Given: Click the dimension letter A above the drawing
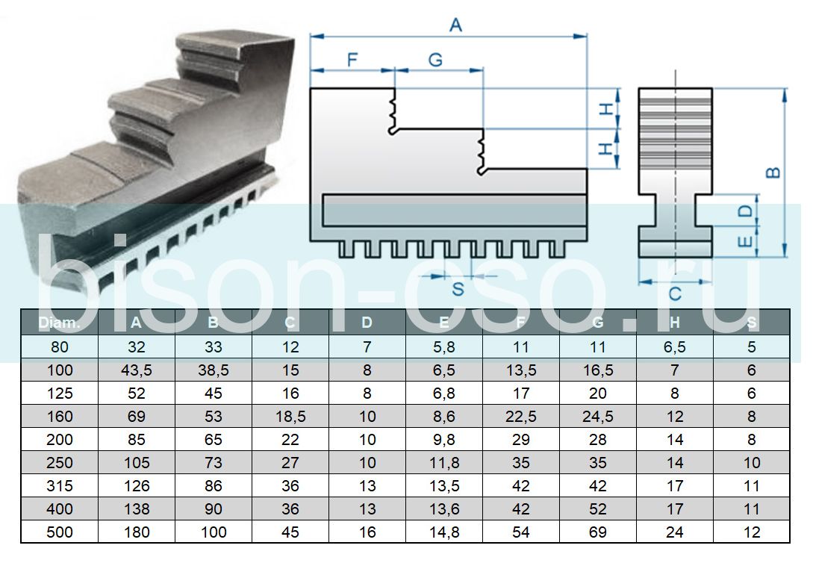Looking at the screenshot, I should (x=455, y=24).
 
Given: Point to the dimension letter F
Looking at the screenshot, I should (x=353, y=60).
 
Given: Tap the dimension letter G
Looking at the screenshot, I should (x=435, y=60).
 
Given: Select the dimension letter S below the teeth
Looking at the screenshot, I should (x=458, y=289).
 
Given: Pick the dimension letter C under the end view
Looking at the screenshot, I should (x=675, y=294).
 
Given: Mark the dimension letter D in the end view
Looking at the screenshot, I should (x=745, y=211).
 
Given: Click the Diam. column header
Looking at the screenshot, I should (x=59, y=323).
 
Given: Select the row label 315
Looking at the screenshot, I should (x=59, y=486).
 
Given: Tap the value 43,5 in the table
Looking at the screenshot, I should (x=136, y=370).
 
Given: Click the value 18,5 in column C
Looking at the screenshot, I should (x=290, y=417).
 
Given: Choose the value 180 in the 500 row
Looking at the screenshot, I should (x=136, y=532).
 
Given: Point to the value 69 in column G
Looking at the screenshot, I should (x=597, y=532).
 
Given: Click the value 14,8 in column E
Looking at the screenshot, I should (x=444, y=532).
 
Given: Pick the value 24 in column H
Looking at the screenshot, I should (x=675, y=532).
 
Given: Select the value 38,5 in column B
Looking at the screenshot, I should (x=214, y=370).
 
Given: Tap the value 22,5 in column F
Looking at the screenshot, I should (x=521, y=417).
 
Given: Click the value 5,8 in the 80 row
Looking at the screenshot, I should (x=444, y=346).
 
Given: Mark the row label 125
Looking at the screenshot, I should (x=59, y=394).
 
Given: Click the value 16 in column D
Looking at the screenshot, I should (x=367, y=532).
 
